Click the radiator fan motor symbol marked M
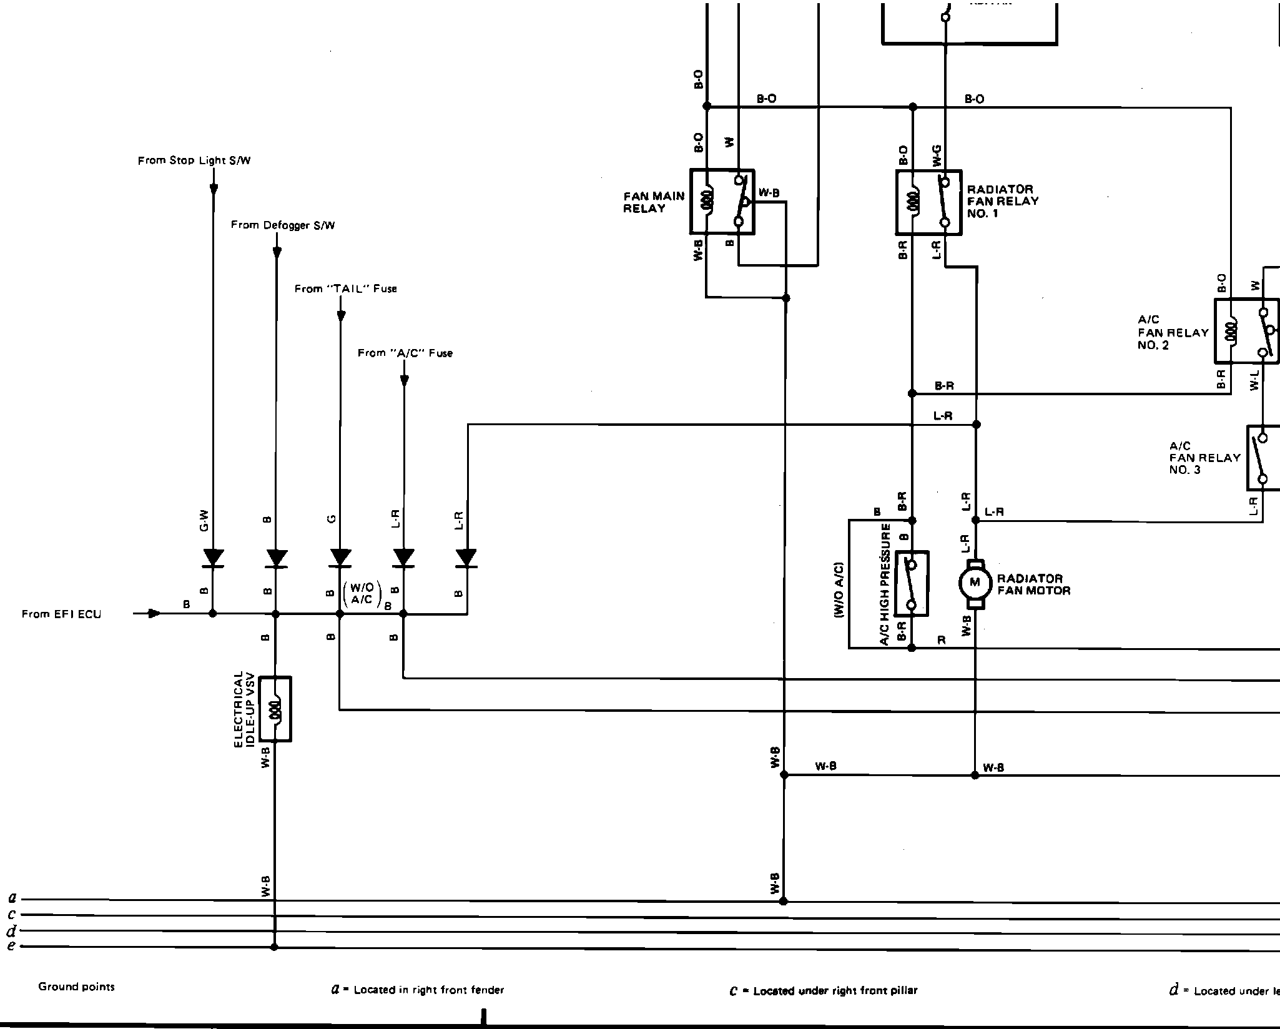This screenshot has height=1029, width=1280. tap(974, 583)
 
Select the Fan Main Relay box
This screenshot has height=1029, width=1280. tap(722, 201)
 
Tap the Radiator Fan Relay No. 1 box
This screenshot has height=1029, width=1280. tap(928, 202)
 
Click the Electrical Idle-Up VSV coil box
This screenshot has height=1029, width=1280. tap(275, 709)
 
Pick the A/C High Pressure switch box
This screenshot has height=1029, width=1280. tap(911, 583)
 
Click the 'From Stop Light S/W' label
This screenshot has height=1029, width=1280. tap(194, 160)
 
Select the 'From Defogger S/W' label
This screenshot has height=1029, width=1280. tap(283, 225)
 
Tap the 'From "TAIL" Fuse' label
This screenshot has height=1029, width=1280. tap(345, 288)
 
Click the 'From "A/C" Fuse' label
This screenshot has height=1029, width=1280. tap(405, 353)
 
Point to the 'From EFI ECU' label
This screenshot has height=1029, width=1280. tap(61, 614)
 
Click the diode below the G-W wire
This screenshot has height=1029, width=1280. tap(213, 558)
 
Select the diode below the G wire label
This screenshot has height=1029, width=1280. tap(340, 558)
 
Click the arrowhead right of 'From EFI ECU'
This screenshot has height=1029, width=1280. tap(154, 613)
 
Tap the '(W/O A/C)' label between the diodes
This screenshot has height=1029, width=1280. tap(362, 593)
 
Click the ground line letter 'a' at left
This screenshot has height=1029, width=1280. tap(12, 899)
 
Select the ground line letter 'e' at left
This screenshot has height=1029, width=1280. tap(11, 946)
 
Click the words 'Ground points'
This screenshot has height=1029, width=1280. tap(76, 987)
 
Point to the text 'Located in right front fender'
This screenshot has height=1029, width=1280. tap(428, 990)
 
